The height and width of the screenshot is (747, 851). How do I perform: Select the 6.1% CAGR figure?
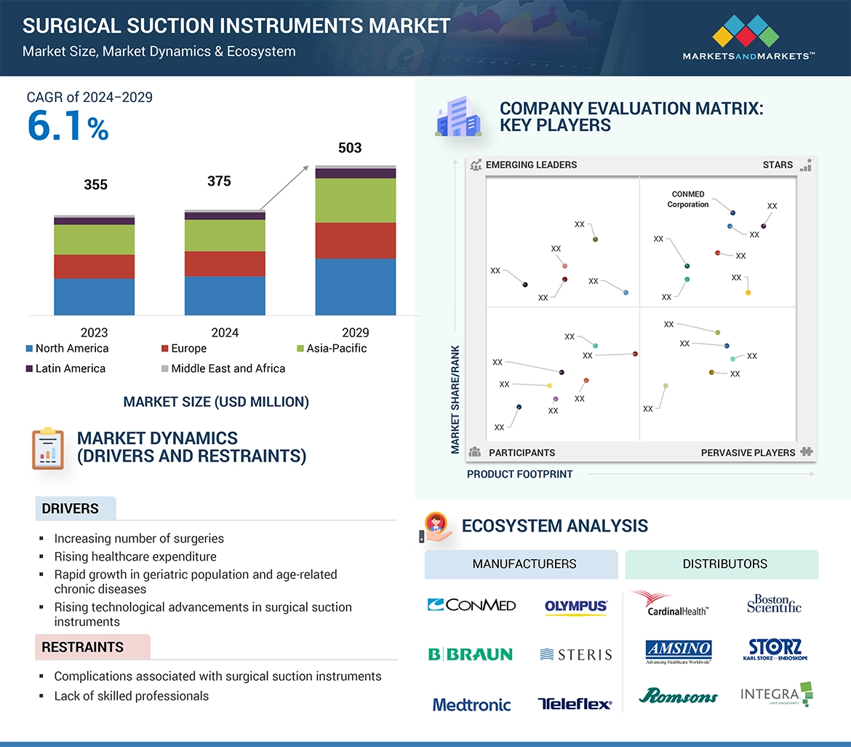click(68, 125)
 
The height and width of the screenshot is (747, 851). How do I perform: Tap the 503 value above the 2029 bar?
click(350, 148)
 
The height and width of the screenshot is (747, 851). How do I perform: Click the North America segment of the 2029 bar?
click(355, 286)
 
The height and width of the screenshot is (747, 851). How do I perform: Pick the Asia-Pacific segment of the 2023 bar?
click(95, 240)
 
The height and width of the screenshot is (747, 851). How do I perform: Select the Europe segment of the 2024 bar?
click(225, 264)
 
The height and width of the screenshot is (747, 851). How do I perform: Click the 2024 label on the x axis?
click(225, 333)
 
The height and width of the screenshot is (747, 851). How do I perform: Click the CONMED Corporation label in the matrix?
click(688, 199)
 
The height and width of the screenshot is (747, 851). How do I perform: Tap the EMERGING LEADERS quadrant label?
click(531, 165)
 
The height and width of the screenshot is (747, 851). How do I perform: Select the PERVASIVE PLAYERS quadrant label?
click(748, 452)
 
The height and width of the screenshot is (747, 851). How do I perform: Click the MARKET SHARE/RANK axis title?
click(455, 399)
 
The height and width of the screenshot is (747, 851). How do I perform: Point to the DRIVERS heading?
click(71, 509)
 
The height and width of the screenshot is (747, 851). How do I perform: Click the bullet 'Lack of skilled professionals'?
click(131, 696)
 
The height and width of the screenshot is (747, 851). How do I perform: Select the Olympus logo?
click(575, 606)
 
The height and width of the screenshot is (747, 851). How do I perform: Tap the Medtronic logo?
click(471, 704)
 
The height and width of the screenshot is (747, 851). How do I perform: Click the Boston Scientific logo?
click(774, 604)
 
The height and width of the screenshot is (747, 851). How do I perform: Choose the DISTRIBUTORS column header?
click(724, 564)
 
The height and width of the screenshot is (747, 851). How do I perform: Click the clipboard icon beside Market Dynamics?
click(48, 448)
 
